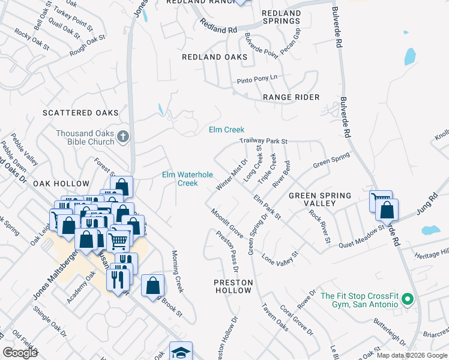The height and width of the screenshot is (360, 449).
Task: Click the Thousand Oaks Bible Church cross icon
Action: coord(122,136)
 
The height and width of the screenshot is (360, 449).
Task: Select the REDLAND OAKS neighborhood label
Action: coord(215,57)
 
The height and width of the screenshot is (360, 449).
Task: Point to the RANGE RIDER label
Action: coord(291,97)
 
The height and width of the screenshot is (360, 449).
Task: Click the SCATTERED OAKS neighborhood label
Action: coord(80,113)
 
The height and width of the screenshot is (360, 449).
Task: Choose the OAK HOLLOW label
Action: coord(61,184)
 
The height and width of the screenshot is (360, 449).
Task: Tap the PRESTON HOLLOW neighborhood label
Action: coord(234,286)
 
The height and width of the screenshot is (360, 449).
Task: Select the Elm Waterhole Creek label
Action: coord(187,179)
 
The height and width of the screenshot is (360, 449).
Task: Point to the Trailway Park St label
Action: coord(264,141)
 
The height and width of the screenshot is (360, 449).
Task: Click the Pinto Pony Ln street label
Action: coord(257,77)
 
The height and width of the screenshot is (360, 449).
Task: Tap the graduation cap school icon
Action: coord(180,352)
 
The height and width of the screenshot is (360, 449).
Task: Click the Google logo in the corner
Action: coord(19,353)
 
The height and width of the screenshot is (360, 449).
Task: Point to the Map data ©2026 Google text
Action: coord(411,355)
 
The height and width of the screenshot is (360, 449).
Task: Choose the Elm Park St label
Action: coord(267,206)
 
